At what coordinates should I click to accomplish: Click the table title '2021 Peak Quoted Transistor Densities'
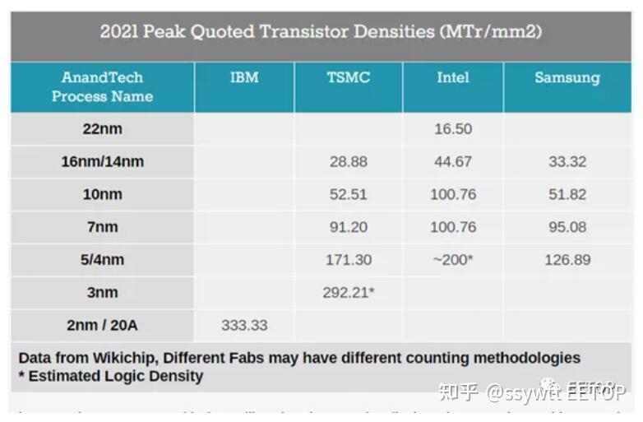321,32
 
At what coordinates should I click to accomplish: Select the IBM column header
244,78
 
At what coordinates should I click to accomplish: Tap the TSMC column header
348,78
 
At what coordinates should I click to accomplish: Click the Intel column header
452,78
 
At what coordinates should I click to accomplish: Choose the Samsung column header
567,78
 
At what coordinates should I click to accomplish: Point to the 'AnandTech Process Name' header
102,87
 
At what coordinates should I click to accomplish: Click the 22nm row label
102,129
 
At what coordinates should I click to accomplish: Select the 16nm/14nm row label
102,162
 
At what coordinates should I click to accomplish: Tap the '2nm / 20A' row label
102,326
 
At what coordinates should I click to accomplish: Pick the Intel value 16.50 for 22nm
452,129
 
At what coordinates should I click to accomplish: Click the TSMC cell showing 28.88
348,162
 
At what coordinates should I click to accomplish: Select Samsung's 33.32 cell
567,162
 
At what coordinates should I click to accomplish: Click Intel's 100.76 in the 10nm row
452,195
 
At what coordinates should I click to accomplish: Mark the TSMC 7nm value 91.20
348,228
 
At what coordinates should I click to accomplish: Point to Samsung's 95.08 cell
567,228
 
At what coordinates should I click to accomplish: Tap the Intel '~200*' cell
452,260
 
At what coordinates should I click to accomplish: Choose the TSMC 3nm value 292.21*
349,293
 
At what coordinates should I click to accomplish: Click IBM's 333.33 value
244,326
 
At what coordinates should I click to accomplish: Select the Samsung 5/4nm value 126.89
567,260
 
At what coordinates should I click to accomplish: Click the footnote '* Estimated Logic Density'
110,377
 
